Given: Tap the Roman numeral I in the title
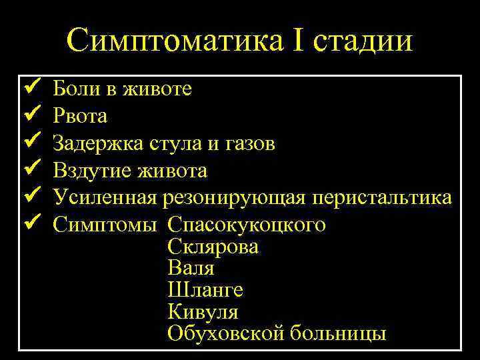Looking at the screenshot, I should coord(296,41).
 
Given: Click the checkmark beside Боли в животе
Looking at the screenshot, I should coord(31,87).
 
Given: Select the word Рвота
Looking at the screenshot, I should coord(80,116).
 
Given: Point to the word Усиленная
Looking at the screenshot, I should coord(105,198).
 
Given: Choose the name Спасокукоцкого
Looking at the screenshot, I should coord(247,225).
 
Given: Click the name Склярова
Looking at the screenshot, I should coord(213,247).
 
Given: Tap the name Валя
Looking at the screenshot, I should coord(191,268).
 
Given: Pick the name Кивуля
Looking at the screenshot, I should coord(203,311).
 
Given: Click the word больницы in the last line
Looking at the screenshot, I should coord(338,333).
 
